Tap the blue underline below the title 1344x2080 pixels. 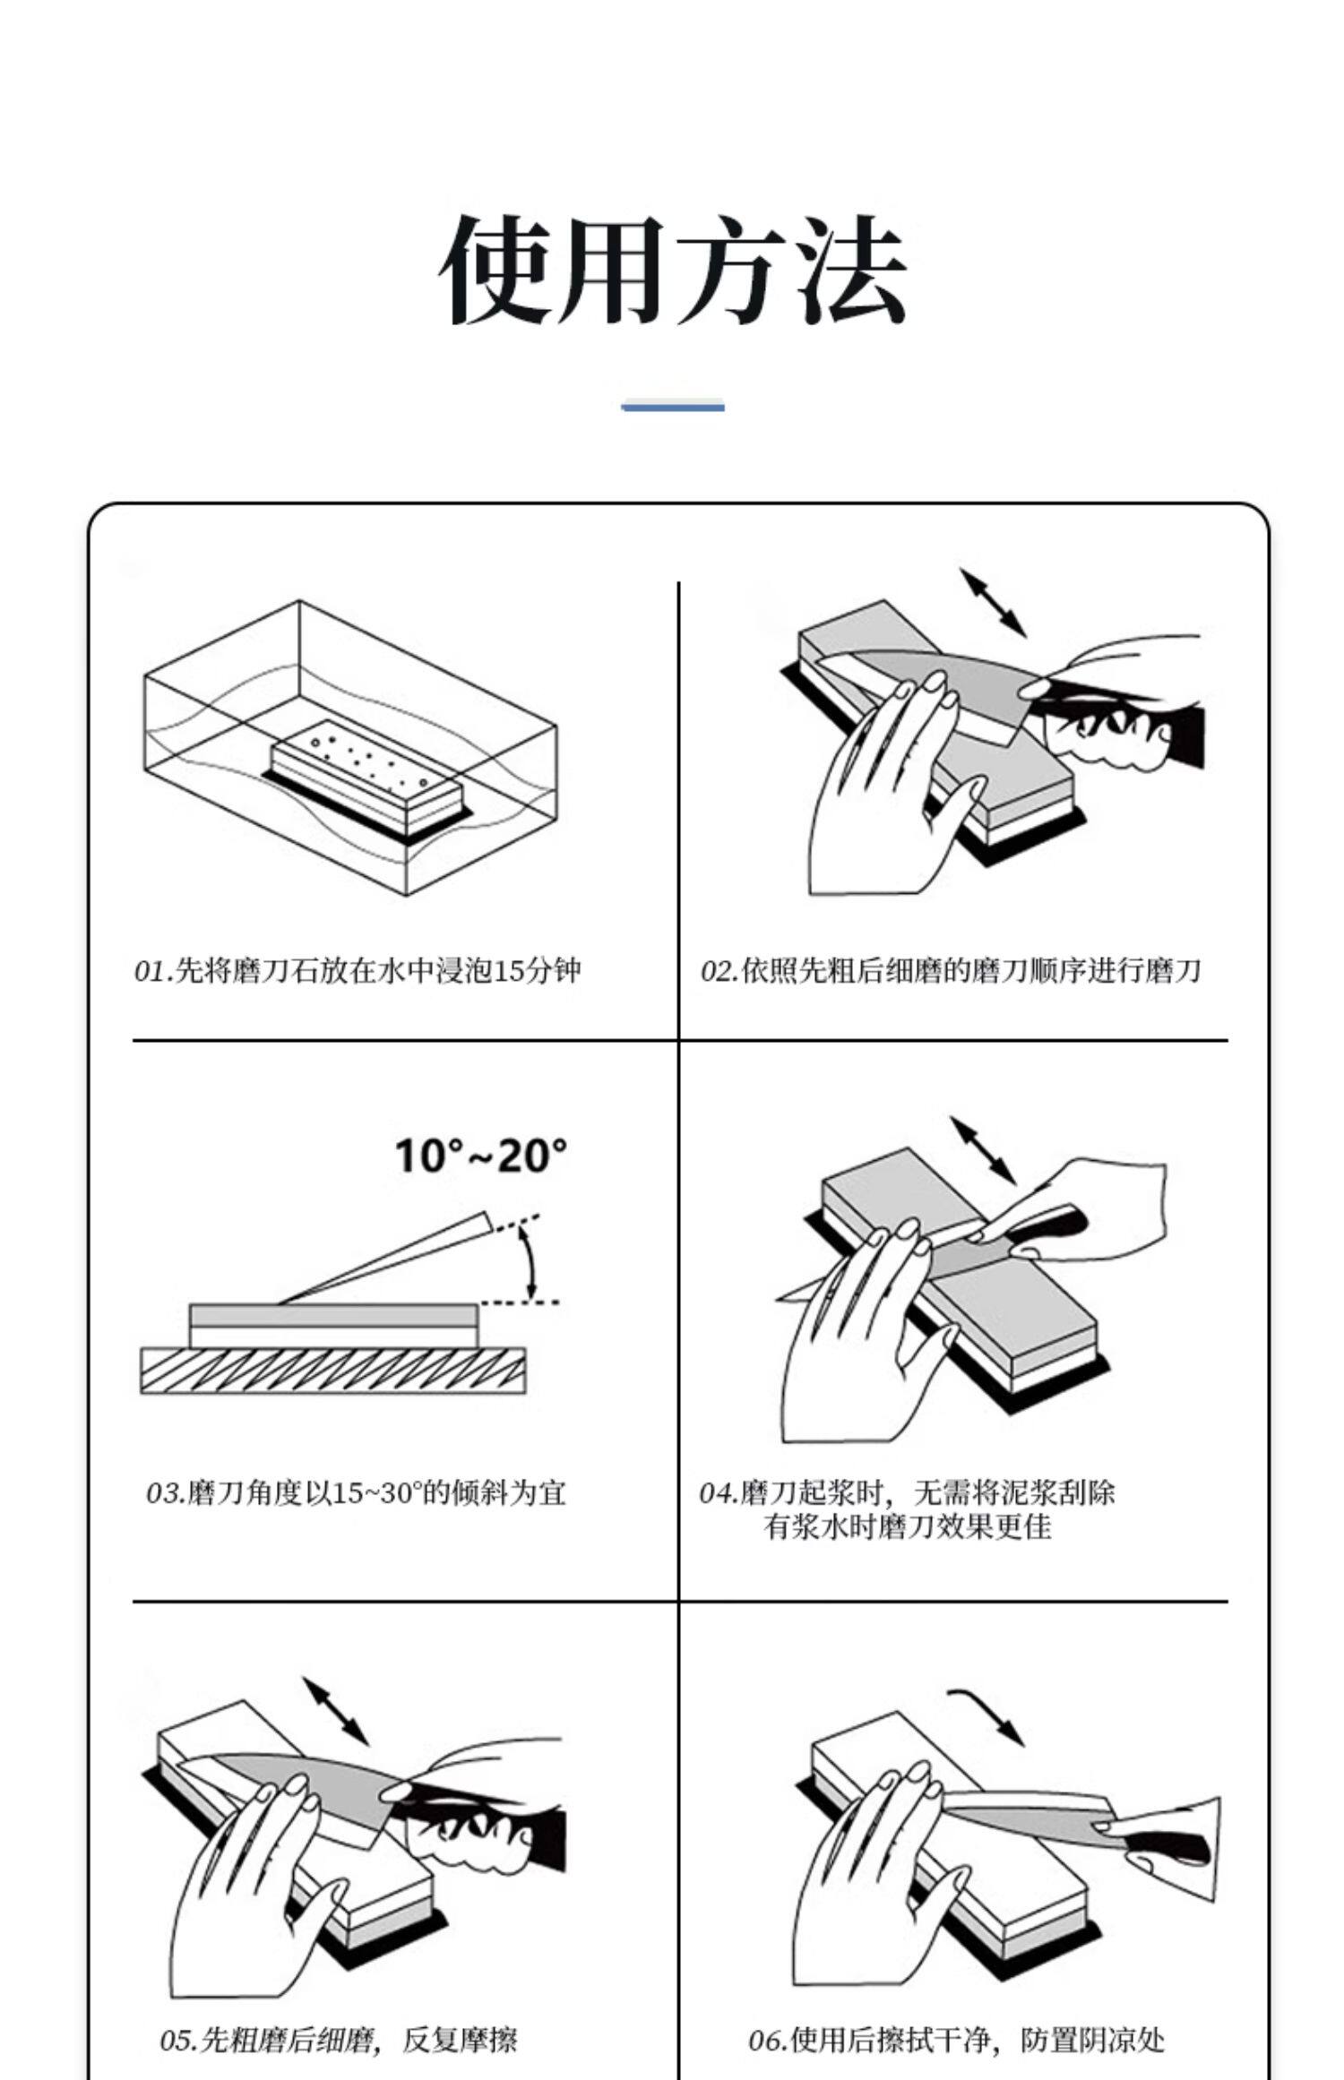(x=673, y=407)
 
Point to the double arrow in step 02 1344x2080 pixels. (x=993, y=603)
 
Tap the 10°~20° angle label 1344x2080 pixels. (x=481, y=1156)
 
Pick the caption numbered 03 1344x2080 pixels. (x=356, y=1493)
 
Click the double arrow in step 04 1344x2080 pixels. (x=983, y=1150)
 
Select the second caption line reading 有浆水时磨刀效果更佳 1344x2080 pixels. (x=907, y=1526)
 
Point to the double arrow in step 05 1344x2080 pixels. (x=336, y=1713)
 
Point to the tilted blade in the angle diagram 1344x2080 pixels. (x=385, y=1259)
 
